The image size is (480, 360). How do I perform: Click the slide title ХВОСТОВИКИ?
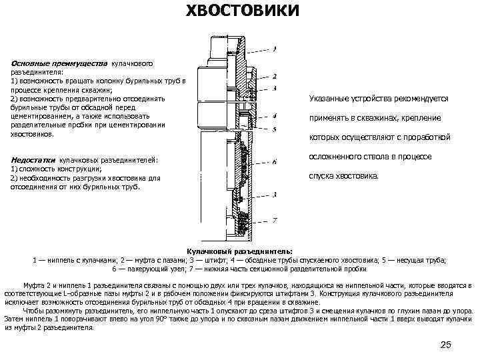coord(241,13)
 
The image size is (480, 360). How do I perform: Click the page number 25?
coord(446,344)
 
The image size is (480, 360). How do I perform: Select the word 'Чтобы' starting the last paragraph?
coord(34,311)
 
